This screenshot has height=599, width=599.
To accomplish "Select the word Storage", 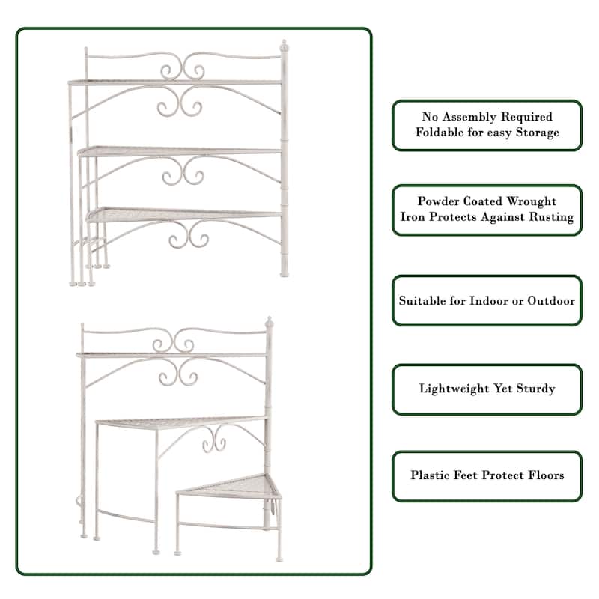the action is click(x=538, y=133).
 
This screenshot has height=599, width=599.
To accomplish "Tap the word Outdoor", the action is click(x=551, y=301).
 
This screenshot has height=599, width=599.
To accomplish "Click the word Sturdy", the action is click(x=536, y=389).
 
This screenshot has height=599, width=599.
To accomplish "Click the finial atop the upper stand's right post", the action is click(x=284, y=46).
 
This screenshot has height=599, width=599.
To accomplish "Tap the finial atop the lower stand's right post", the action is click(x=270, y=322).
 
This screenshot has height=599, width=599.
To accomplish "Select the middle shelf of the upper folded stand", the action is click(x=180, y=151).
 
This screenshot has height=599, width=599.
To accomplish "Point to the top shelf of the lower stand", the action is click(x=171, y=355).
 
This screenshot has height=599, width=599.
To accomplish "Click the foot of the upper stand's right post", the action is click(x=284, y=274).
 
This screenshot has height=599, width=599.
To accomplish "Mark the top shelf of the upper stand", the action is click(x=175, y=82).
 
